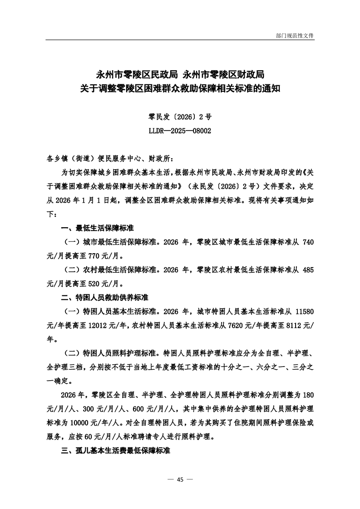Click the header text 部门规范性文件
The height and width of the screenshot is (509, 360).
(x=295, y=35)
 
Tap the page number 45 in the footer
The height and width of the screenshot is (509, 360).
(x=180, y=480)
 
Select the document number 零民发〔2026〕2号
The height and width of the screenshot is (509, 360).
(x=180, y=117)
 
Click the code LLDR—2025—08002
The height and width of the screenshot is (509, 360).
(x=180, y=130)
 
